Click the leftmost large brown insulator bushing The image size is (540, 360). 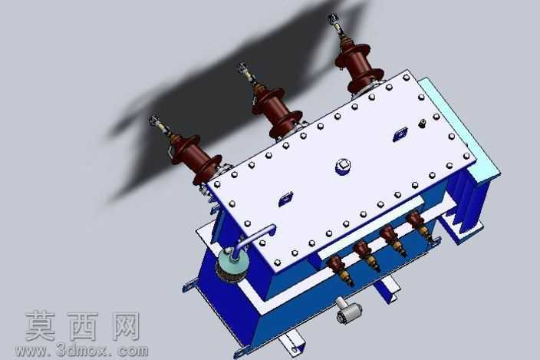point(195,157)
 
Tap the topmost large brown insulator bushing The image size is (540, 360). point(359,68)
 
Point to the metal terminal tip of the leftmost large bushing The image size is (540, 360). point(155,121)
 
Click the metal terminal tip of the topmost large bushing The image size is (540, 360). point(334,18)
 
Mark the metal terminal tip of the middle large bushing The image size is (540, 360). point(243,67)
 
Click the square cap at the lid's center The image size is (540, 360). point(343,166)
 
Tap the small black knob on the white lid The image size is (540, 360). point(422,124)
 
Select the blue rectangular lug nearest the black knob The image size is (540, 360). point(400,134)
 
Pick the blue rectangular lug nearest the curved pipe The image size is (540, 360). point(286,199)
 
